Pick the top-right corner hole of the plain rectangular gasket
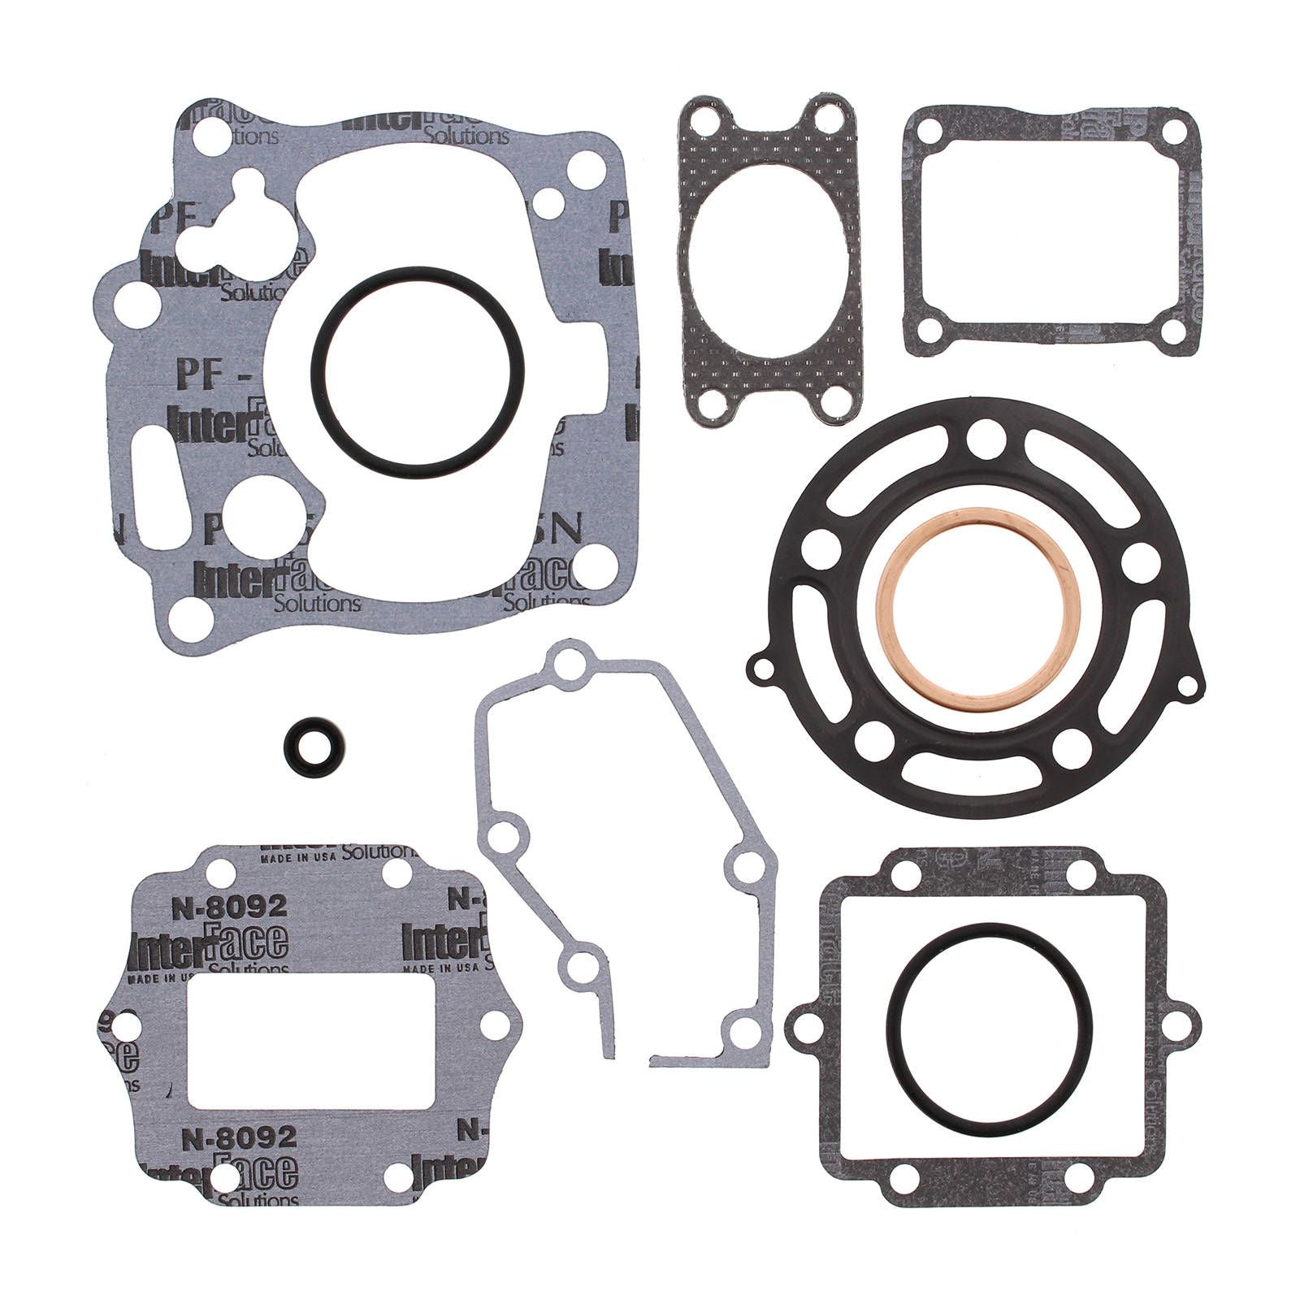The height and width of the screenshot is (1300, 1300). pyautogui.click(x=1172, y=132)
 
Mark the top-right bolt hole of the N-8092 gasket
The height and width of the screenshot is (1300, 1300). pyautogui.click(x=396, y=873)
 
